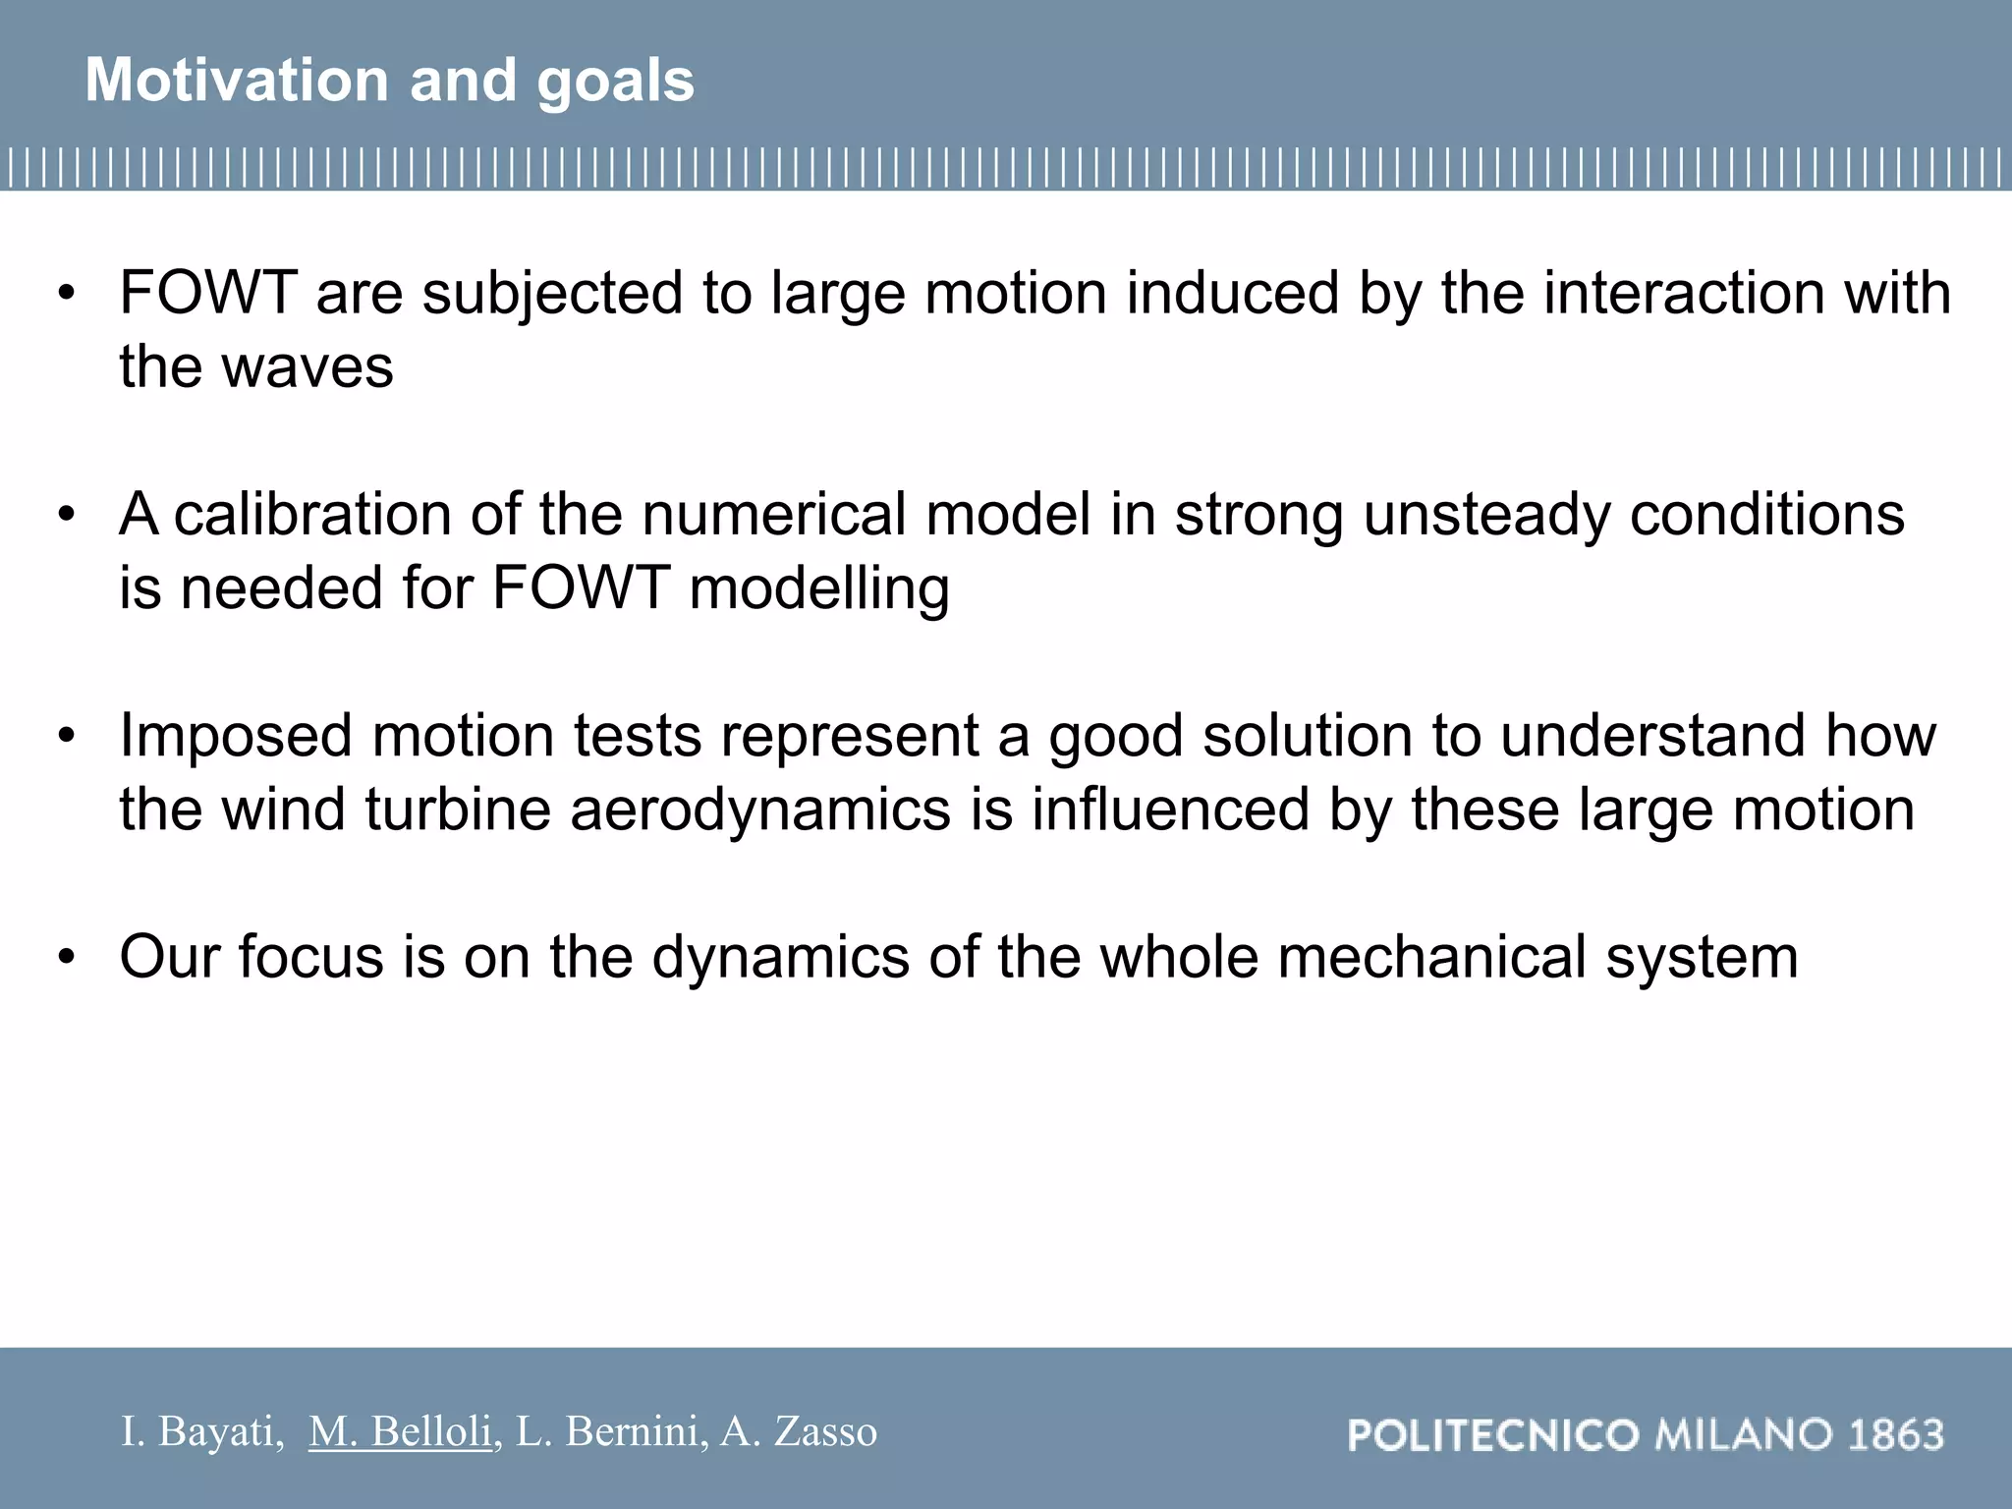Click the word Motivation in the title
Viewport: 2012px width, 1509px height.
(236, 80)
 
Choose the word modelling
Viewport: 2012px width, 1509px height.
(819, 588)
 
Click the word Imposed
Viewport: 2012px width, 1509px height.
(236, 735)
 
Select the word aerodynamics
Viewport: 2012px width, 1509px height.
(760, 810)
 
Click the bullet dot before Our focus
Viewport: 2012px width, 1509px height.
(66, 956)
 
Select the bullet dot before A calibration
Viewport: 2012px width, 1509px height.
(66, 514)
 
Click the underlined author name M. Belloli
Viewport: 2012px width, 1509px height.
(400, 1431)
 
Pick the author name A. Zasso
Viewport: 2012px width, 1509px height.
(799, 1431)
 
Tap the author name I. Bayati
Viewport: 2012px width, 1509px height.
(201, 1431)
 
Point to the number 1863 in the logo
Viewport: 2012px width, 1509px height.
(1896, 1435)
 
